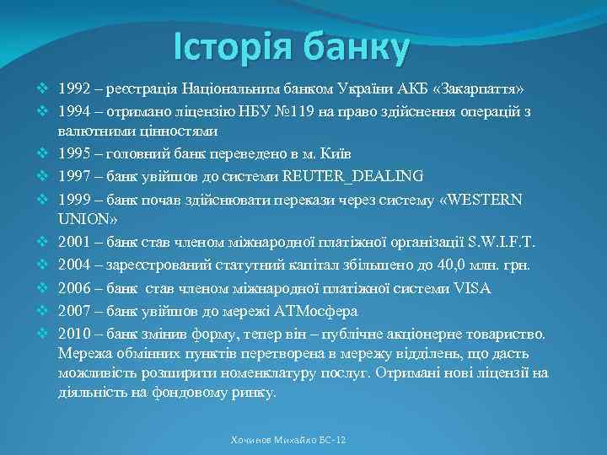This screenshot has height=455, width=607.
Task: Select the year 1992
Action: pos(74,88)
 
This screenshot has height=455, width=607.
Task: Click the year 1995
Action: pos(74,154)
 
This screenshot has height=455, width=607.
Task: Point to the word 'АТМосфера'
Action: pos(322,309)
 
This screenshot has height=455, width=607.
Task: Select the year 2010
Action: pos(74,331)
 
